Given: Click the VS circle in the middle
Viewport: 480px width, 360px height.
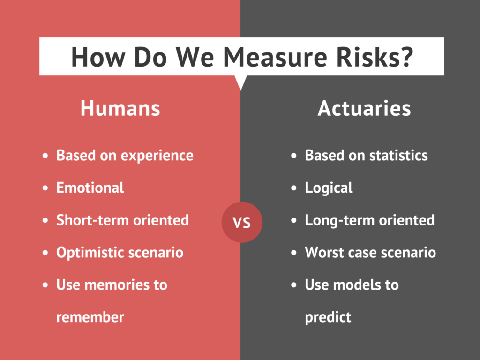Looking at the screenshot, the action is click(242, 222).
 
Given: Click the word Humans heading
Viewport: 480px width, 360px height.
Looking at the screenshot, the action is click(120, 108).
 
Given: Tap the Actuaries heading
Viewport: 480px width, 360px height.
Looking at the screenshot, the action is click(364, 108).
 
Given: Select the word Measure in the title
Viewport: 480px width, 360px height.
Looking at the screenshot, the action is click(275, 57).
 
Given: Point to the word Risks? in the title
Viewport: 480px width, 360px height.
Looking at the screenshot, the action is click(375, 57).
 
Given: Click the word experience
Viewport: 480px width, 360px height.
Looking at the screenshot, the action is click(157, 156).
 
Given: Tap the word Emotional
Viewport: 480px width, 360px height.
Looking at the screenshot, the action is click(90, 187).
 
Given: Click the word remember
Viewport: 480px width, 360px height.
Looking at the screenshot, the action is click(90, 317).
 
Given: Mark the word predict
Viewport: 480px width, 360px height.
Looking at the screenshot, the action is click(328, 318).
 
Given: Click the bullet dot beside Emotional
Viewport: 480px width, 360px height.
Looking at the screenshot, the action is click(45, 188).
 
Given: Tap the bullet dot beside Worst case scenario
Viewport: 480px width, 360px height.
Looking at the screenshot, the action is click(294, 253).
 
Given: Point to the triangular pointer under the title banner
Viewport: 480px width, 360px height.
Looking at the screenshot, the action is click(240, 81).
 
